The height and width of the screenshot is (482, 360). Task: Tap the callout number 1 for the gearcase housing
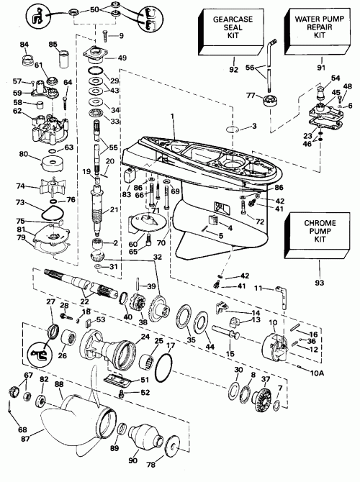point(171,117)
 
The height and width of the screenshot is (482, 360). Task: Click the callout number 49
point(122,58)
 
